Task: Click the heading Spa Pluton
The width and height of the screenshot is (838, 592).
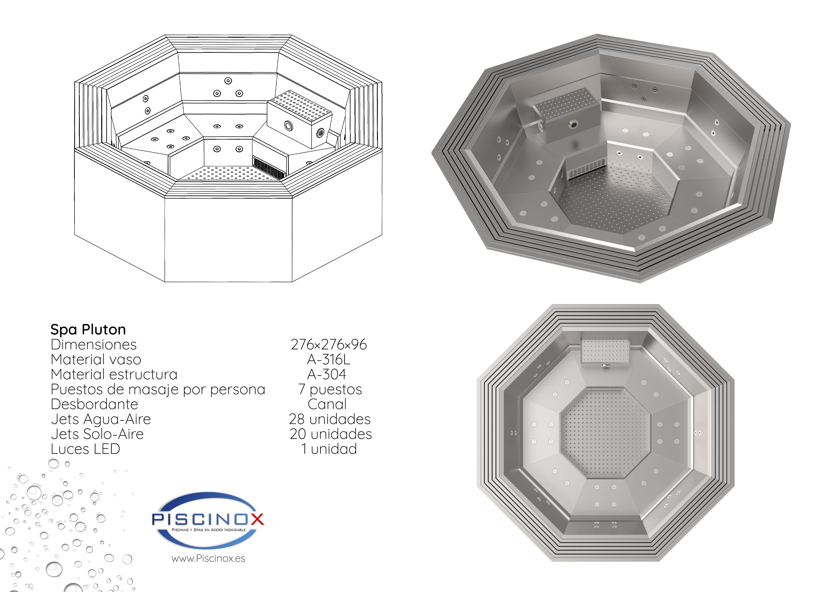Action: pos(88,330)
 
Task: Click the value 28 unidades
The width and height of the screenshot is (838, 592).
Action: pos(330,419)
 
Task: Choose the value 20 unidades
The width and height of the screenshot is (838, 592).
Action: pos(331,434)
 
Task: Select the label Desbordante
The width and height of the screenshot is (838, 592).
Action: pos(94,404)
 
